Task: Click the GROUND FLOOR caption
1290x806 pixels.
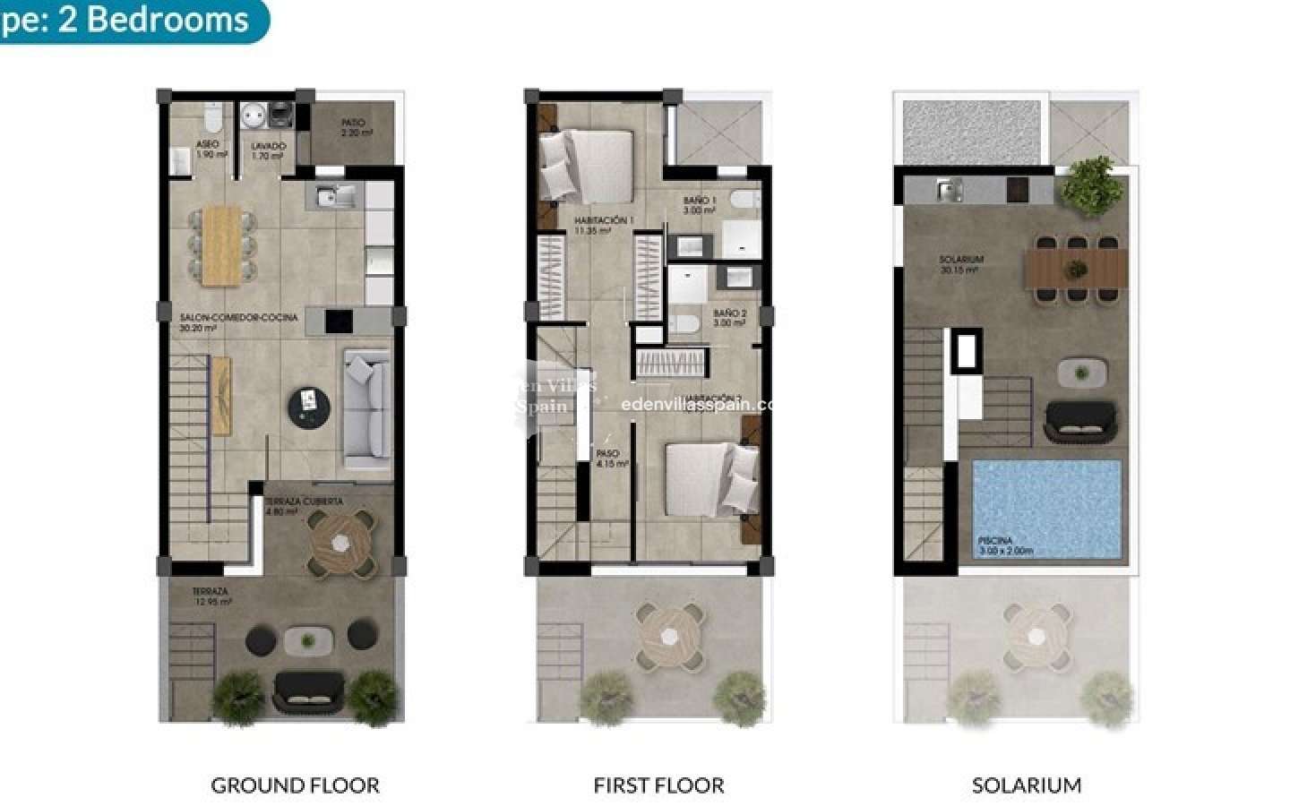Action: [295, 785]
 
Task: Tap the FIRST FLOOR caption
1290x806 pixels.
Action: [658, 785]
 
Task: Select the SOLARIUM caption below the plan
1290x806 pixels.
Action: [1027, 785]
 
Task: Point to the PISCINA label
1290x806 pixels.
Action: [995, 541]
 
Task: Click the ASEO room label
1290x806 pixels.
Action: [206, 145]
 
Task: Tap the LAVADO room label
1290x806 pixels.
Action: [267, 145]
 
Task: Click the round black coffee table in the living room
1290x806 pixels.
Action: [309, 407]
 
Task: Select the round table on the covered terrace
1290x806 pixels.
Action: [341, 540]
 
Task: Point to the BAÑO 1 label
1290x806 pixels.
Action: [700, 201]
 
